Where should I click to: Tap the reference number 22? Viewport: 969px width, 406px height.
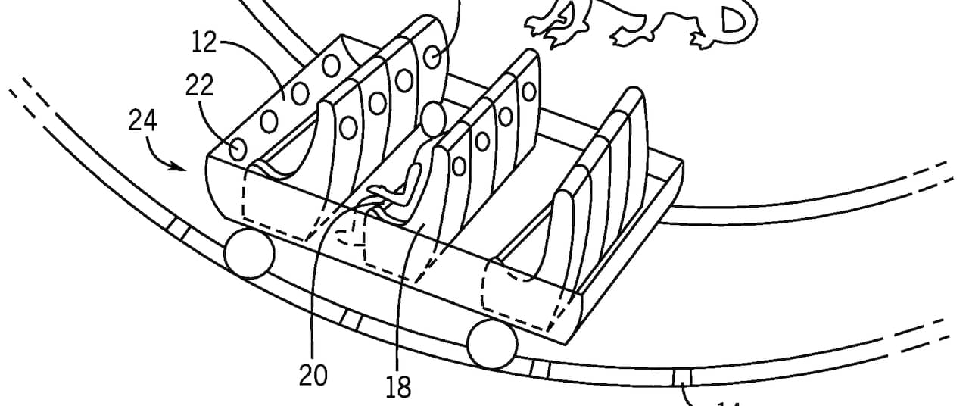pos(198,86)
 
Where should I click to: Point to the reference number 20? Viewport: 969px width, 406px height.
pos(313,375)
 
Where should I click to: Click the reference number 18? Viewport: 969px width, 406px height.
pos(398,388)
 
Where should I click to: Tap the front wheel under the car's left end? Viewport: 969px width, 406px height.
pos(249,254)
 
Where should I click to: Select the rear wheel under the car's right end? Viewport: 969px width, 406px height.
pos(492,344)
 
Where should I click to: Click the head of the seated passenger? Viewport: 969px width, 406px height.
pos(434,119)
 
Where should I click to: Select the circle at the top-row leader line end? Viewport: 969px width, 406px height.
pos(432,57)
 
